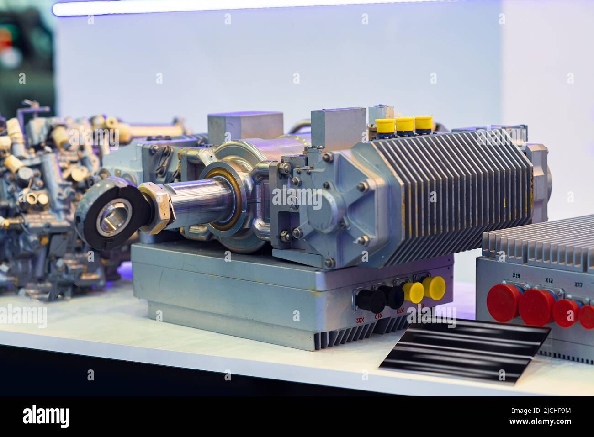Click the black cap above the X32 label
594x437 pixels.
(371, 300)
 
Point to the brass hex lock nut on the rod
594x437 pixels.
(157, 208)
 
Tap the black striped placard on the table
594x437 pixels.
(464, 347)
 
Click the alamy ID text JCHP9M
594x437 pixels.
(543, 416)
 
